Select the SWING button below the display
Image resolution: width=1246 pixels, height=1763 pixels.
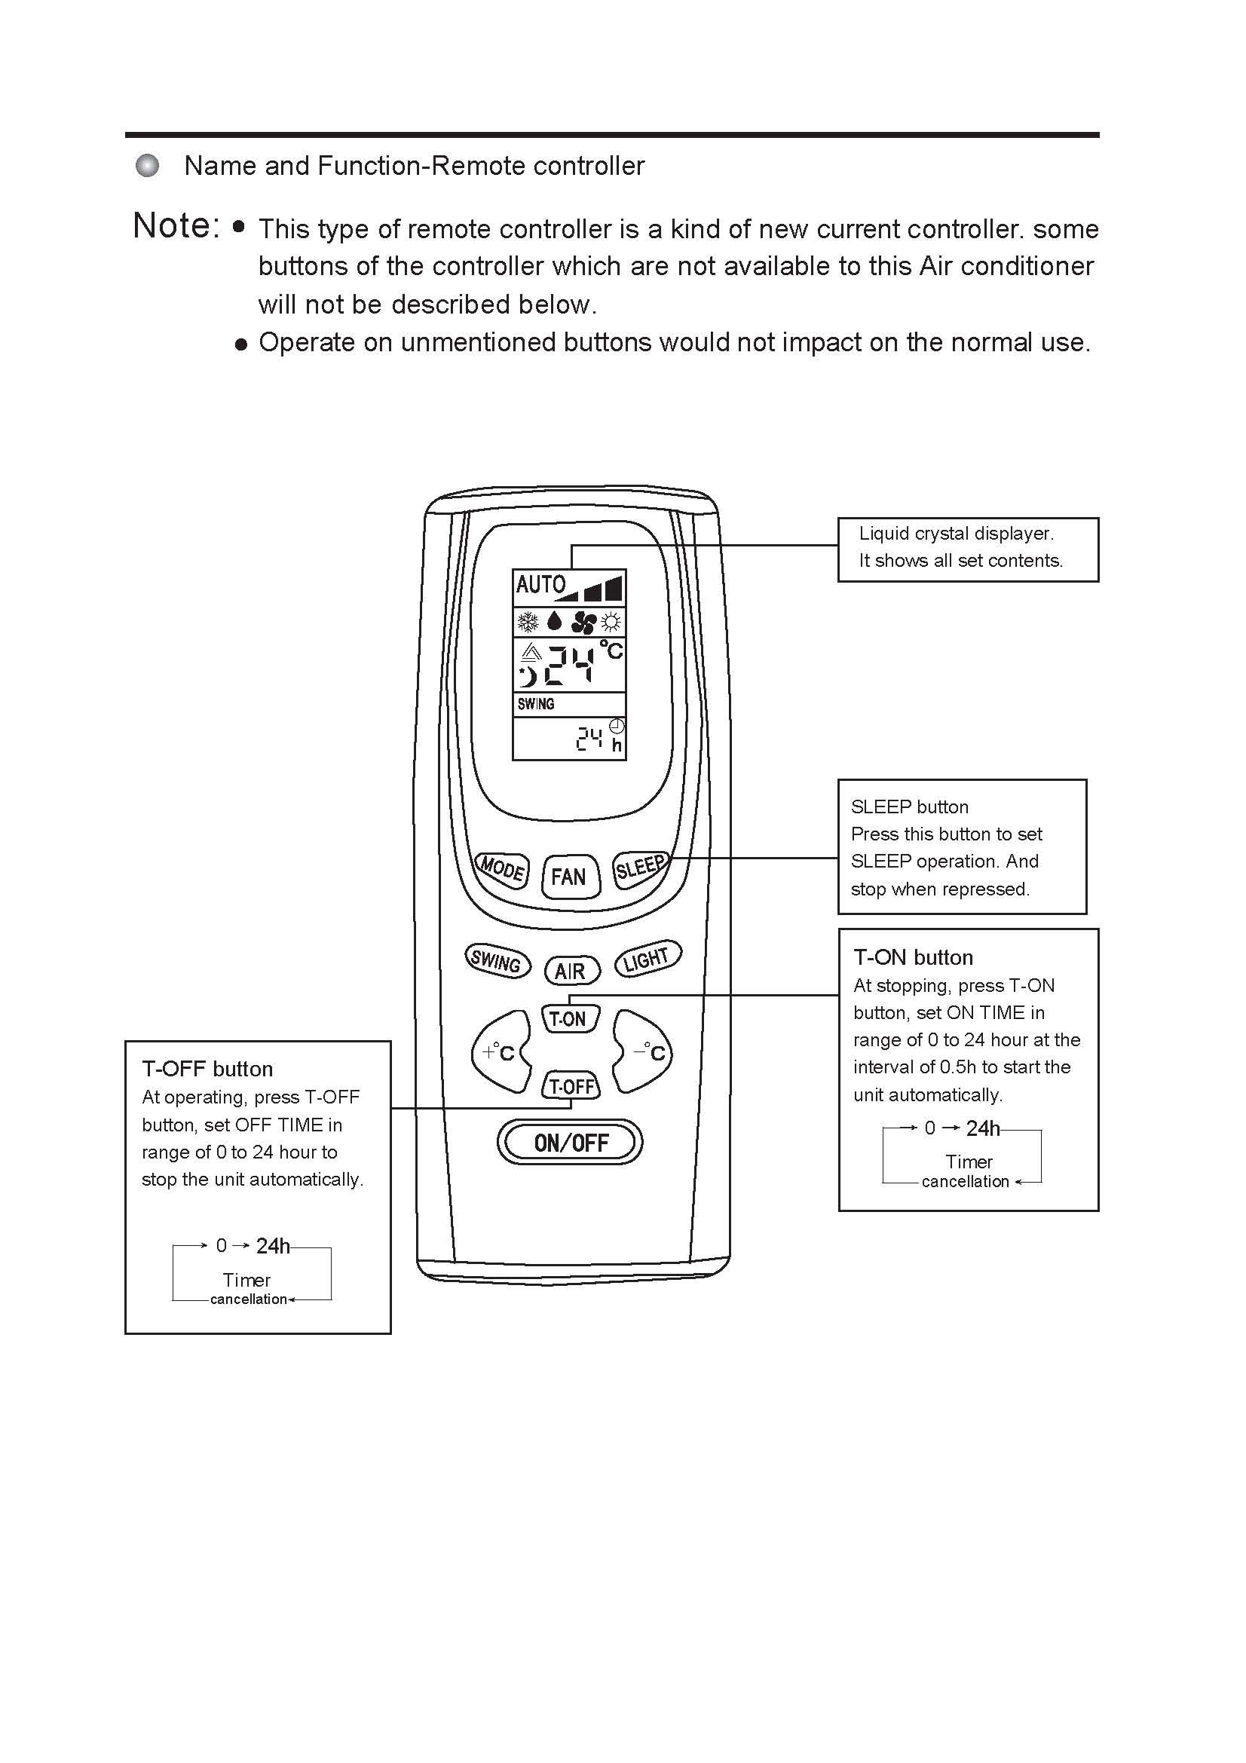[497, 960]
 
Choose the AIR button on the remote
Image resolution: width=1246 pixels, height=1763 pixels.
[571, 971]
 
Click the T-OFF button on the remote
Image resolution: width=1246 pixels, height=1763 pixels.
[571, 1085]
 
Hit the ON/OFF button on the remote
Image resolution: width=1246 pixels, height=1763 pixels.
[571, 1143]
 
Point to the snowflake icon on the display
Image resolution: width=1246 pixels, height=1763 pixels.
[528, 621]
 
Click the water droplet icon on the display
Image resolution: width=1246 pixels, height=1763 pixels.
[554, 621]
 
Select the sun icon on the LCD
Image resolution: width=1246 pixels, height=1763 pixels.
[612, 621]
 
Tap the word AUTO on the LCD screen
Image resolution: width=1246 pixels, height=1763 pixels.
[540, 585]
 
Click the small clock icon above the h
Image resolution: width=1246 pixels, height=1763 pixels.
[617, 727]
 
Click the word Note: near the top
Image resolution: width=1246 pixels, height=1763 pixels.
[176, 226]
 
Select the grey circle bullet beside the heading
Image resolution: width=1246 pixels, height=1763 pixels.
[148, 165]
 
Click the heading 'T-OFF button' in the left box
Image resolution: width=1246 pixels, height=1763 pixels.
[207, 1069]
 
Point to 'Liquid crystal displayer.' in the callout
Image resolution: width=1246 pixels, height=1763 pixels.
[956, 533]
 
